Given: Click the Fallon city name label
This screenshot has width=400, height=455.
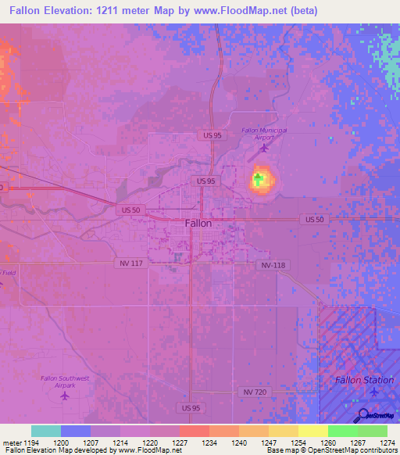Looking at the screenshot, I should tap(198, 223).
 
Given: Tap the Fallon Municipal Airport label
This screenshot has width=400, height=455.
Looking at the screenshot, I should tap(264, 133).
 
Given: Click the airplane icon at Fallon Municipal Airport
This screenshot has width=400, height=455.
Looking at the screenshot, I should tap(263, 146).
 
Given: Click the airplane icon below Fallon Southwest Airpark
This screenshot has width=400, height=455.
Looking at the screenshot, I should tap(64, 395).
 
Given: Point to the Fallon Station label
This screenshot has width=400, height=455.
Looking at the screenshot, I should tap(364, 380).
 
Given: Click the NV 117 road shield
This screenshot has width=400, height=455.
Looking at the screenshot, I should tap(132, 263).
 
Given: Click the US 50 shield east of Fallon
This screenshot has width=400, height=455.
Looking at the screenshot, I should tap(315, 220).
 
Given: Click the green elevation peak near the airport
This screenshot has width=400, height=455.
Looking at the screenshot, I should tap(259, 179).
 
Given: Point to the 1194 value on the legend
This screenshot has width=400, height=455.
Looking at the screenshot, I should tap(31, 442).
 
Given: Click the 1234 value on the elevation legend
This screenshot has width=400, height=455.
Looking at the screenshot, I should tap(209, 442).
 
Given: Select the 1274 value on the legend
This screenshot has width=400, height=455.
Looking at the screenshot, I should tap(386, 442).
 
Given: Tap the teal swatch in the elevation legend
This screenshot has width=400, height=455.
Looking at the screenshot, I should tap(46, 431).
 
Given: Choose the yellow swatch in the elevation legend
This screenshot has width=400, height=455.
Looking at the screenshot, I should tap(312, 431).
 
